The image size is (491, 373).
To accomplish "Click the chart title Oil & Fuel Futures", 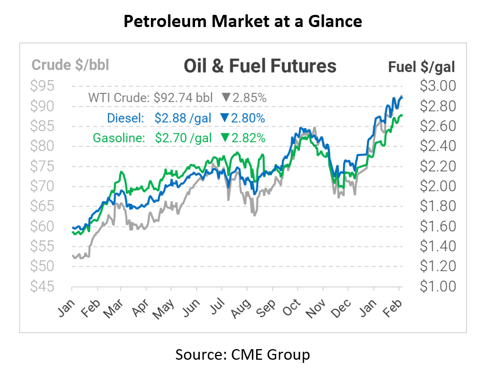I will point(259,66).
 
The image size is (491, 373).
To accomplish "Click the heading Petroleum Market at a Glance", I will point(243,21).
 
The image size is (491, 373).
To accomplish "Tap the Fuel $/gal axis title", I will point(422,67).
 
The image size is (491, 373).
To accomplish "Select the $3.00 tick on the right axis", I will point(437,86).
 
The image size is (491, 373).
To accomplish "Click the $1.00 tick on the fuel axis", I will point(437,287).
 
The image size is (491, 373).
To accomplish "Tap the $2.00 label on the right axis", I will point(437,186).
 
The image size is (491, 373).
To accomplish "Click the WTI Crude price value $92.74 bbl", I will point(183,98).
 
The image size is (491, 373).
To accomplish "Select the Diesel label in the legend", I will point(125,118).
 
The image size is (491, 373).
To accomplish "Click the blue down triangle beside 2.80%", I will point(224,118).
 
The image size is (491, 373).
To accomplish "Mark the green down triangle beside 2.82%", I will point(225,138).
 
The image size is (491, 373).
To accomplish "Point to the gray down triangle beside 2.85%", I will point(225,98).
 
